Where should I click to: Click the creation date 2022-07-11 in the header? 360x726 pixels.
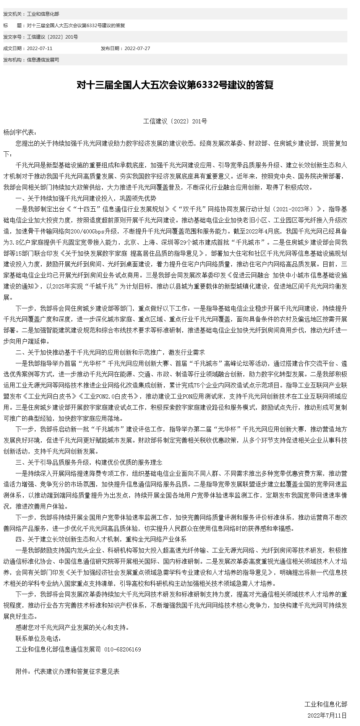[40, 49]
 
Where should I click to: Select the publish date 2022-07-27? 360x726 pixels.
[137, 49]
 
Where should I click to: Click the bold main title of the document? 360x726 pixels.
[175, 85]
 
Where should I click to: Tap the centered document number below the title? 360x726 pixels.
[175, 122]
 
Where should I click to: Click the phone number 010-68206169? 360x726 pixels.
[122, 649]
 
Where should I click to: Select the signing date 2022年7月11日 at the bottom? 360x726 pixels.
[327, 715]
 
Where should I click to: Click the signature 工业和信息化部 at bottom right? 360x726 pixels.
[326, 704]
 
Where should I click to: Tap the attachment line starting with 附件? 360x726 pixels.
[68, 671]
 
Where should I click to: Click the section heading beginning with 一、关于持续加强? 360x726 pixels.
[86, 198]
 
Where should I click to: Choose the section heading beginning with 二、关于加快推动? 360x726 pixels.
[110, 352]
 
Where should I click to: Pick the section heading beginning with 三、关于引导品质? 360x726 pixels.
[89, 462]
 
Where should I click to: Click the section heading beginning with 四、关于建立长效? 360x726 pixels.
[101, 539]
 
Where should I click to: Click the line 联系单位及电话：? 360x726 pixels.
[38, 638]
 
